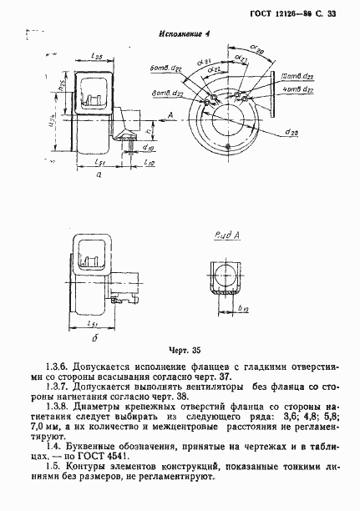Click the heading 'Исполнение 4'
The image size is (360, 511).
184,34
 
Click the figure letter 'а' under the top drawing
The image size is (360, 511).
99,176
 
